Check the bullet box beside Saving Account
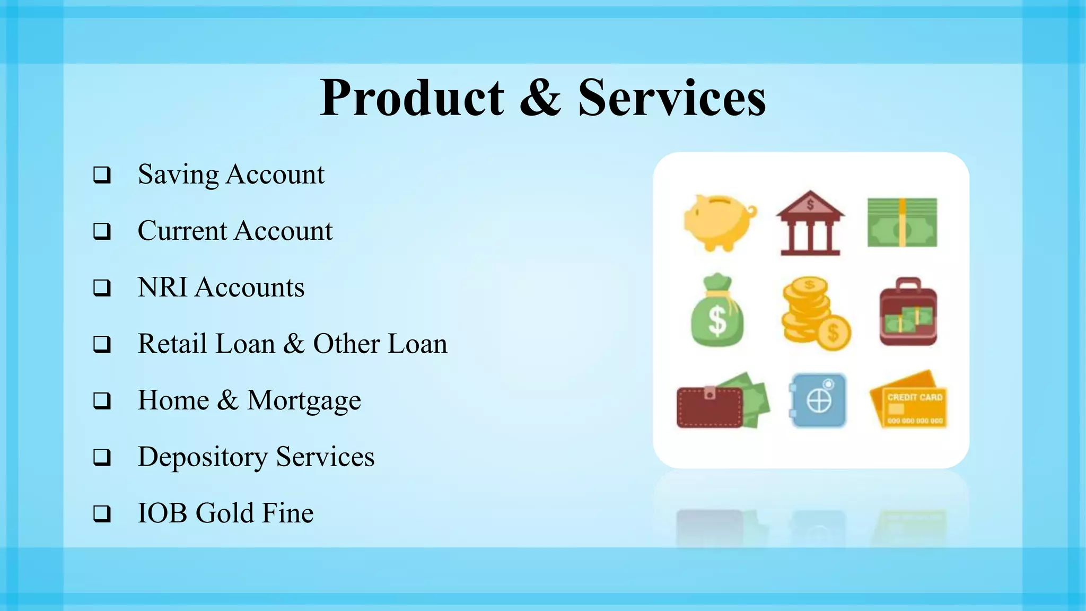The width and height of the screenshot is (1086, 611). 102,175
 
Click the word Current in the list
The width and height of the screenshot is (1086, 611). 182,231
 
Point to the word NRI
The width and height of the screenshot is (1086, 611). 162,287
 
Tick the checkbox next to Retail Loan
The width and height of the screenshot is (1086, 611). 102,345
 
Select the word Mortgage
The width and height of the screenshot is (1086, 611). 304,400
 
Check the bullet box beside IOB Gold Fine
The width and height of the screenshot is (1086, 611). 102,514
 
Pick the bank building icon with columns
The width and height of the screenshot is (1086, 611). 810,223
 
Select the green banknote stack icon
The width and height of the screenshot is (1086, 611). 902,223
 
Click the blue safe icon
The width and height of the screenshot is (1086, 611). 818,400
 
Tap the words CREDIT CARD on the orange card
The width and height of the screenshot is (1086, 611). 915,397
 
